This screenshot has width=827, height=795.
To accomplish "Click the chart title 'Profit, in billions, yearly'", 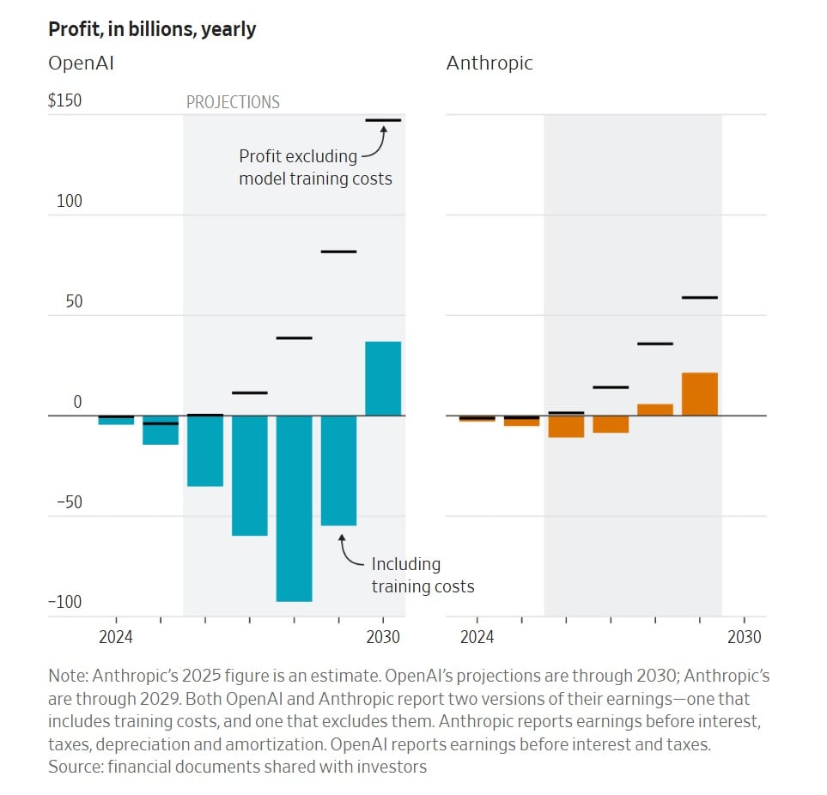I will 152,29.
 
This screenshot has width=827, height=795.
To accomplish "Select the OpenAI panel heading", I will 82,64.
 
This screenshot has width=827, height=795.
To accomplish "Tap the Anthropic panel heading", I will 490,64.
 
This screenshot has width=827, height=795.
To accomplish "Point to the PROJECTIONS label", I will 233,102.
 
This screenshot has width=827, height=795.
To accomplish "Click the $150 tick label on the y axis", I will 65,100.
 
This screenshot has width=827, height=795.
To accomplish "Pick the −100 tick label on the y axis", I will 64,602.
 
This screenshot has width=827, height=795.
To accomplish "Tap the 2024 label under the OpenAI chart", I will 116,637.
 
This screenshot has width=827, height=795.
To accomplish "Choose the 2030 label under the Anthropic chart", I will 744,637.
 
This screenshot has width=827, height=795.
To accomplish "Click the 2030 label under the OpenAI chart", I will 383,637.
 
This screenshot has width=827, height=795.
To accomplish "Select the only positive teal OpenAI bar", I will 383,379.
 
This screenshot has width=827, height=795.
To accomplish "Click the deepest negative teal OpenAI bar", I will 294,508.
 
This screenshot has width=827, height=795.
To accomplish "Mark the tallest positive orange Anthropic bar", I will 699,394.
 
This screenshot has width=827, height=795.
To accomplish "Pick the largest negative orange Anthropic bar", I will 566,426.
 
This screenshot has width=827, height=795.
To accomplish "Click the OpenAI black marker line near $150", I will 383,120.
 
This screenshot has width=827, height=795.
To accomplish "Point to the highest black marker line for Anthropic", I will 699,297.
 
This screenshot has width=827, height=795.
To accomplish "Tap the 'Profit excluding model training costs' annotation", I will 314,167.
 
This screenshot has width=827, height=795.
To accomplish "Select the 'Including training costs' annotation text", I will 422,575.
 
